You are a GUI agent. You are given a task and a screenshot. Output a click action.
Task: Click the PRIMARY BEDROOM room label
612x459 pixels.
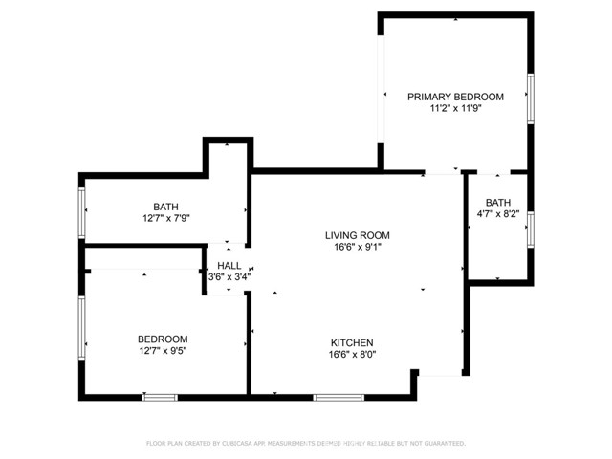pyautogui.click(x=455, y=97)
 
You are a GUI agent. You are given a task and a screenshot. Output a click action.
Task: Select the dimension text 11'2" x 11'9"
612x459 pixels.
pyautogui.click(x=455, y=109)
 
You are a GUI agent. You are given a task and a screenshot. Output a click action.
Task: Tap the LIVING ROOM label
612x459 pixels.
pyautogui.click(x=357, y=234)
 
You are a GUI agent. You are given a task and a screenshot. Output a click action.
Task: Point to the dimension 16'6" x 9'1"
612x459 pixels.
pyautogui.click(x=357, y=247)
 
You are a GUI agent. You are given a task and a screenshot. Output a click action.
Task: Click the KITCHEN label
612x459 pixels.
pyautogui.click(x=352, y=342)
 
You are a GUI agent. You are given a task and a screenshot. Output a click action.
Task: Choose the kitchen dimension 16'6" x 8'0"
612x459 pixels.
pyautogui.click(x=352, y=355)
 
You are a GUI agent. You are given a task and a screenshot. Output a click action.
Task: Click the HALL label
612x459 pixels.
pyautogui.click(x=229, y=266)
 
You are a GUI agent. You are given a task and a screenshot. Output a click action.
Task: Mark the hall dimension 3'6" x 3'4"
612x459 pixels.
pyautogui.click(x=229, y=277)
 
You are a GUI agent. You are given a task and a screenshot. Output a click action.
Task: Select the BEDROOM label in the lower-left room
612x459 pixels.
pyautogui.click(x=163, y=339)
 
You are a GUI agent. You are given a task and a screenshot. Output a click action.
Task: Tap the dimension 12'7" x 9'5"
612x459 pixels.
pyautogui.click(x=163, y=351)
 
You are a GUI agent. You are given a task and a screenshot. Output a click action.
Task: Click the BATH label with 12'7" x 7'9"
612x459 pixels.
pyautogui.click(x=165, y=206)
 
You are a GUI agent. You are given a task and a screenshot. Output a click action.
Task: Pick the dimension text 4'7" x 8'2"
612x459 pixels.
pyautogui.click(x=497, y=214)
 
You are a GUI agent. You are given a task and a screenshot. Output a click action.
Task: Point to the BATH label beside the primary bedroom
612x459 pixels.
pyautogui.click(x=497, y=202)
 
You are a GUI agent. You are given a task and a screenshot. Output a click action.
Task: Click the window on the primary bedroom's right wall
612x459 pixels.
pyautogui.click(x=529, y=97)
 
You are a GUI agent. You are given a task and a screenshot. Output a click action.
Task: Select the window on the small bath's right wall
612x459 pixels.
pyautogui.click(x=529, y=229)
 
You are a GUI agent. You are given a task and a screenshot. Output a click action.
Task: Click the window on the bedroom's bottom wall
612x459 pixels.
pyautogui.click(x=160, y=396)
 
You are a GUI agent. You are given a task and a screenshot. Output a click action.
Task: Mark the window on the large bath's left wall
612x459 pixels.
pyautogui.click(x=82, y=210)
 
